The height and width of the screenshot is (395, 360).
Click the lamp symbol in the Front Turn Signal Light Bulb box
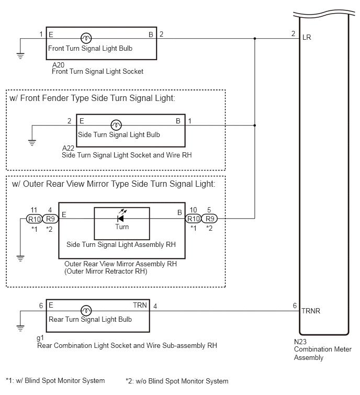pyautogui.click(x=86, y=38)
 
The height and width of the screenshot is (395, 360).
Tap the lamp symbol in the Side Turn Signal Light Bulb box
pyautogui.click(x=116, y=125)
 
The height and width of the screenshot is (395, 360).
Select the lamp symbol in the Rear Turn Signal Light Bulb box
pyautogui.click(x=86, y=311)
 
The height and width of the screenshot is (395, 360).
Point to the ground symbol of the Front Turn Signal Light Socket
pyautogui.click(x=20, y=55)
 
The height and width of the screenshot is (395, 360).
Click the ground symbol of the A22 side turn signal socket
pyautogui.click(x=32, y=143)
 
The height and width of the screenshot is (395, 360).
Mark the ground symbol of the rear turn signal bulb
pyautogui.click(x=20, y=328)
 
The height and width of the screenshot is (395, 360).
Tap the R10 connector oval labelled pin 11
pyautogui.click(x=34, y=219)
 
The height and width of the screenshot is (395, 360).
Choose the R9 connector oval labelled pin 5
pyautogui.click(x=209, y=219)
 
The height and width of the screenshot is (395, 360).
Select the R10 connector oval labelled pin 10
pyautogui.click(x=193, y=219)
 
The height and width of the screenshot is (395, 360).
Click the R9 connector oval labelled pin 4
pyautogui.click(x=50, y=219)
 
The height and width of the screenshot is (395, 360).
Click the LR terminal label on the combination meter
pyautogui.click(x=307, y=38)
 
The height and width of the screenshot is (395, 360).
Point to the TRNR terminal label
pyautogui.click(x=311, y=311)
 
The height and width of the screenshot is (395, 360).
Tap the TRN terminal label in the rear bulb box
pyautogui.click(x=140, y=305)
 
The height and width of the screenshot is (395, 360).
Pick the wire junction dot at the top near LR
pyautogui.click(x=255, y=39)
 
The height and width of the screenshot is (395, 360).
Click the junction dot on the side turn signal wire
pyautogui.click(x=255, y=125)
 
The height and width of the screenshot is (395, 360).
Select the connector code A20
pyautogui.click(x=58, y=65)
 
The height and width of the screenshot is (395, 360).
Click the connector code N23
pyautogui.click(x=300, y=342)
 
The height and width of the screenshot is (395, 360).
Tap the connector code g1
pyautogui.click(x=40, y=338)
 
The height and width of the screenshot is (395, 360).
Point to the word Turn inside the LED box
pyautogui.click(x=122, y=227)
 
